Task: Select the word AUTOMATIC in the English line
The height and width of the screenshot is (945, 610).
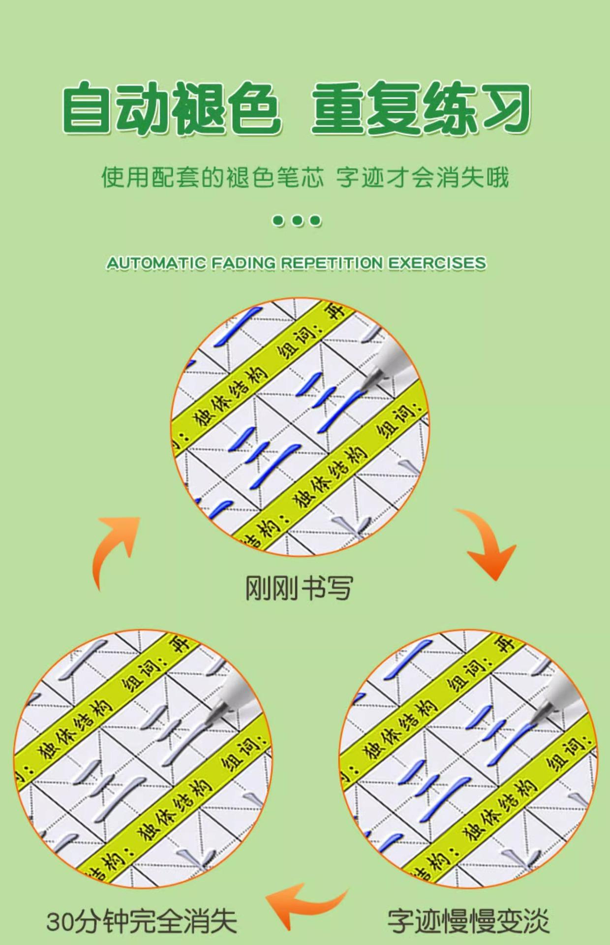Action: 156,263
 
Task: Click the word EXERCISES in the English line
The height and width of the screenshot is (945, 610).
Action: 437,263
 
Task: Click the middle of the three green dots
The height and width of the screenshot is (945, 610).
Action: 297,220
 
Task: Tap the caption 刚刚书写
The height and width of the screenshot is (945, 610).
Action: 299,588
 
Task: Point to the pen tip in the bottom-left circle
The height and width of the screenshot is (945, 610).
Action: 214,714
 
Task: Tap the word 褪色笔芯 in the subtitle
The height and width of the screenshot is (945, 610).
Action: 275,177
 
